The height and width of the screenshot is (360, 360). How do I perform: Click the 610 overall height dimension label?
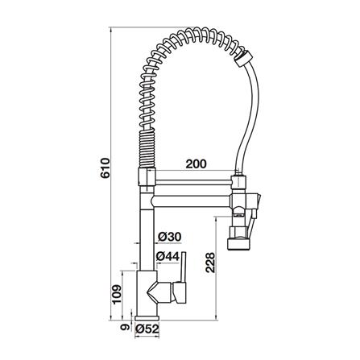pos(106,168)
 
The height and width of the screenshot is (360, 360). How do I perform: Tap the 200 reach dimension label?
pos(197,163)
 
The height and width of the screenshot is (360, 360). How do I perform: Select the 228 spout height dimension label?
pos(210,263)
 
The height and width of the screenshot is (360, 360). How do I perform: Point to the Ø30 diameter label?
pos(170,237)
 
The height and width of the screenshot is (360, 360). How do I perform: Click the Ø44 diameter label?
pos(168,257)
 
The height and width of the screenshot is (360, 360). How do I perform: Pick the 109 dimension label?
pos(117,295)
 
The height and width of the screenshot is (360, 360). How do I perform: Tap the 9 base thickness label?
pos(124,327)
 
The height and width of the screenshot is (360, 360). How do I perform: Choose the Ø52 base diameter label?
pos(147,329)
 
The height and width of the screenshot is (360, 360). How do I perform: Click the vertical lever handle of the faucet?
pos(184,267)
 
